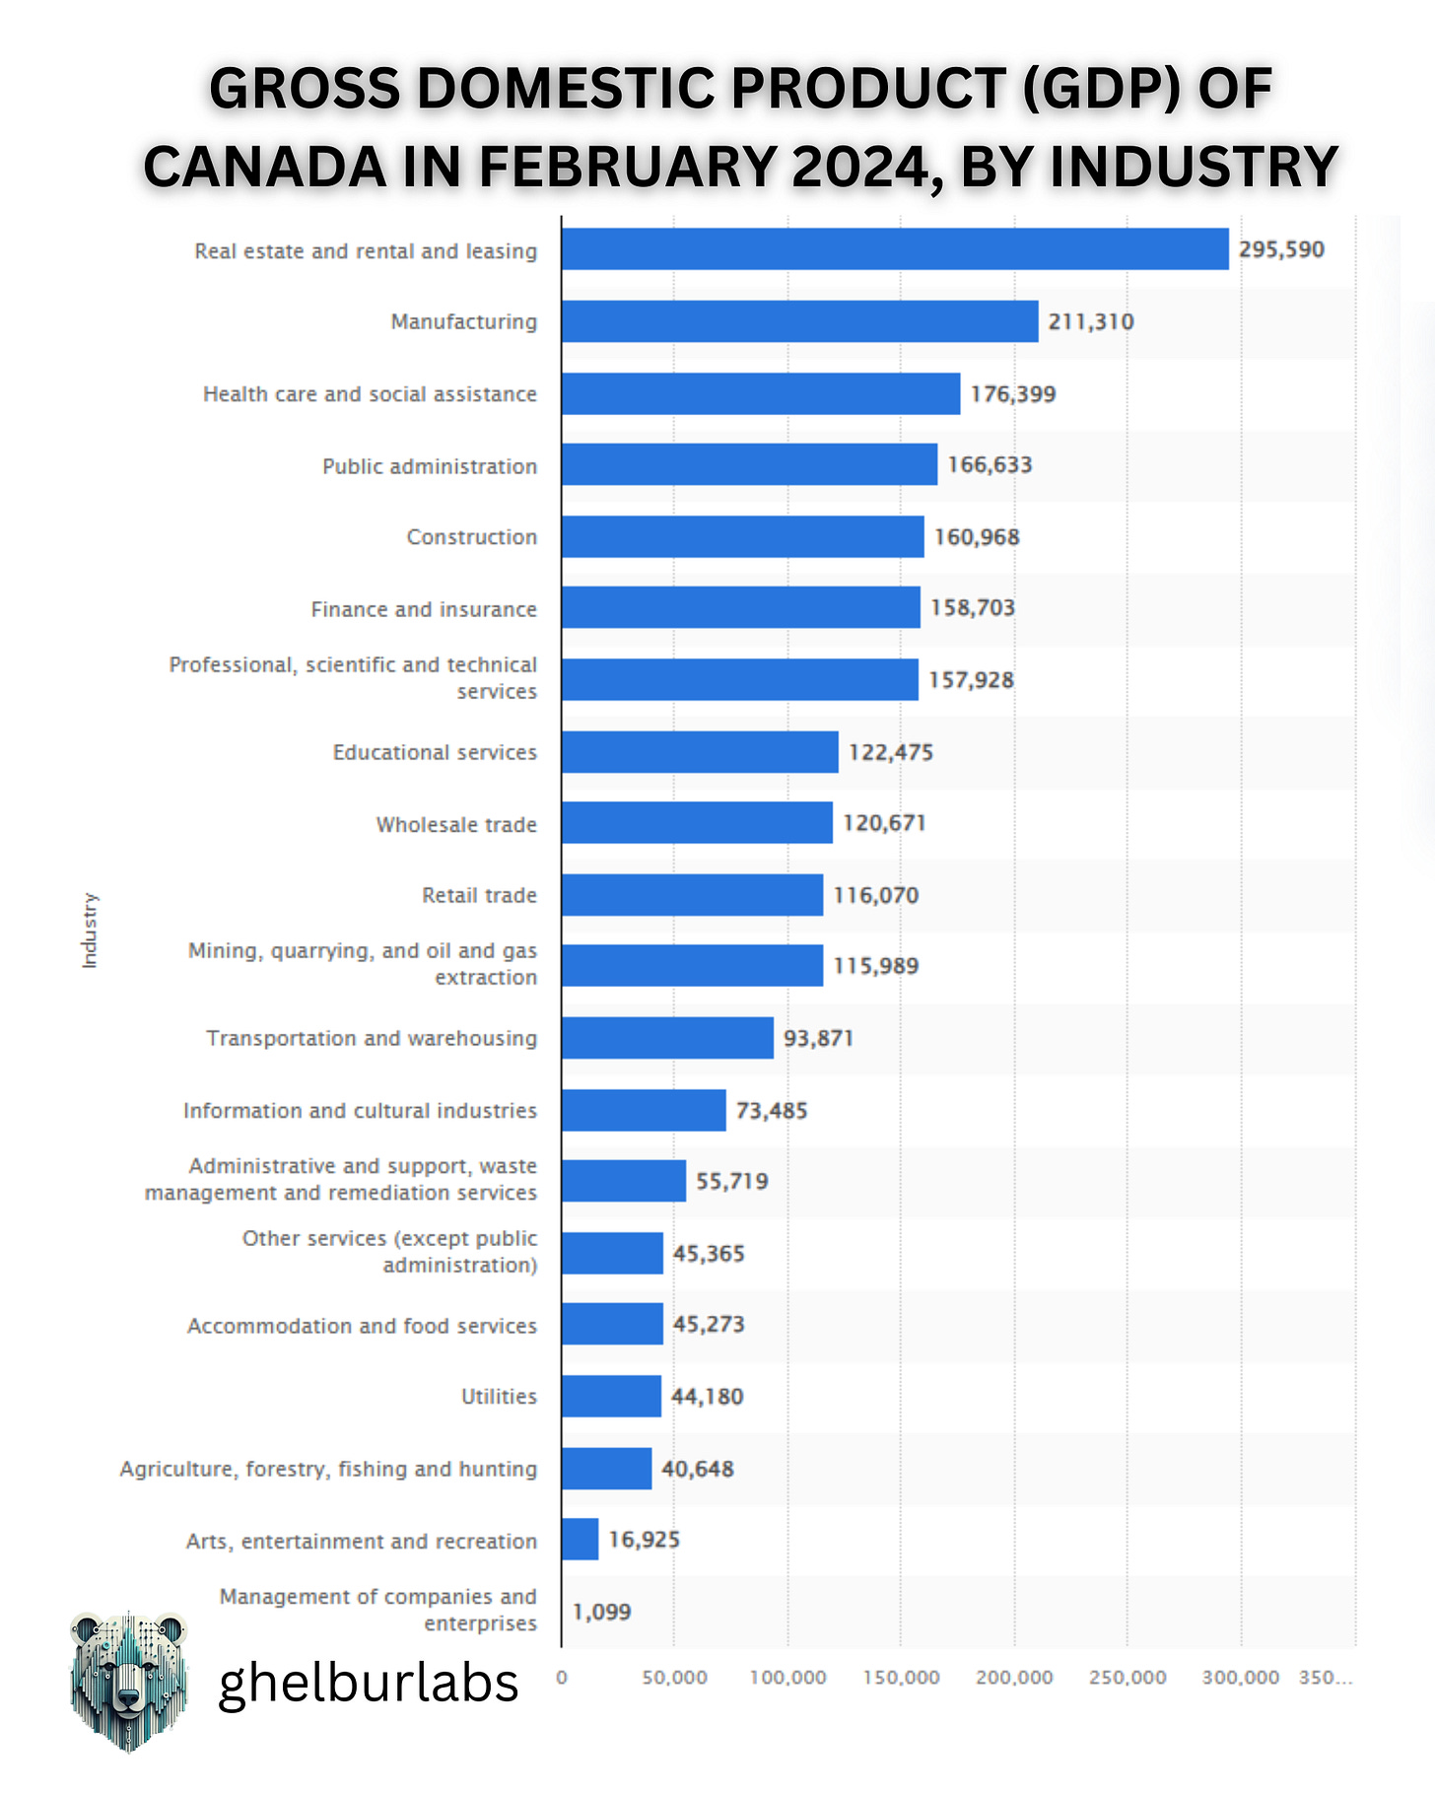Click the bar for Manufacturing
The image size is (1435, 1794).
click(x=799, y=321)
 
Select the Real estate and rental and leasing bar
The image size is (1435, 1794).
click(x=895, y=249)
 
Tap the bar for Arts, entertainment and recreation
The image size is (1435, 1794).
click(x=580, y=1539)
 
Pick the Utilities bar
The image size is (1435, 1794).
click(x=611, y=1396)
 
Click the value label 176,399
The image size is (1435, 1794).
click(x=1012, y=394)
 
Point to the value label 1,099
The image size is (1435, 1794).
click(x=601, y=1612)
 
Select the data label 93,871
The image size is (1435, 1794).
click(x=818, y=1038)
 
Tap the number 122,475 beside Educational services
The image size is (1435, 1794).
click(x=890, y=752)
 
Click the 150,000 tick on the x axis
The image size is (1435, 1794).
click(x=901, y=1678)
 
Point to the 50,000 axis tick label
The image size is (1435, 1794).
click(x=674, y=1678)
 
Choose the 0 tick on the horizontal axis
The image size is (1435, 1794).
click(x=562, y=1678)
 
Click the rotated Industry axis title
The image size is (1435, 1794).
click(x=90, y=931)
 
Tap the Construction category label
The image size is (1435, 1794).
click(x=472, y=537)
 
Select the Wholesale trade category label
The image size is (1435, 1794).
click(x=456, y=824)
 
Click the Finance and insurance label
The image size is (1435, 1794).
click(x=424, y=609)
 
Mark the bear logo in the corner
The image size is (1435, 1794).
click(x=128, y=1682)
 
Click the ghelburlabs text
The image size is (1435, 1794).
click(x=368, y=1683)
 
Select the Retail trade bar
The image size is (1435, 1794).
click(x=692, y=895)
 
